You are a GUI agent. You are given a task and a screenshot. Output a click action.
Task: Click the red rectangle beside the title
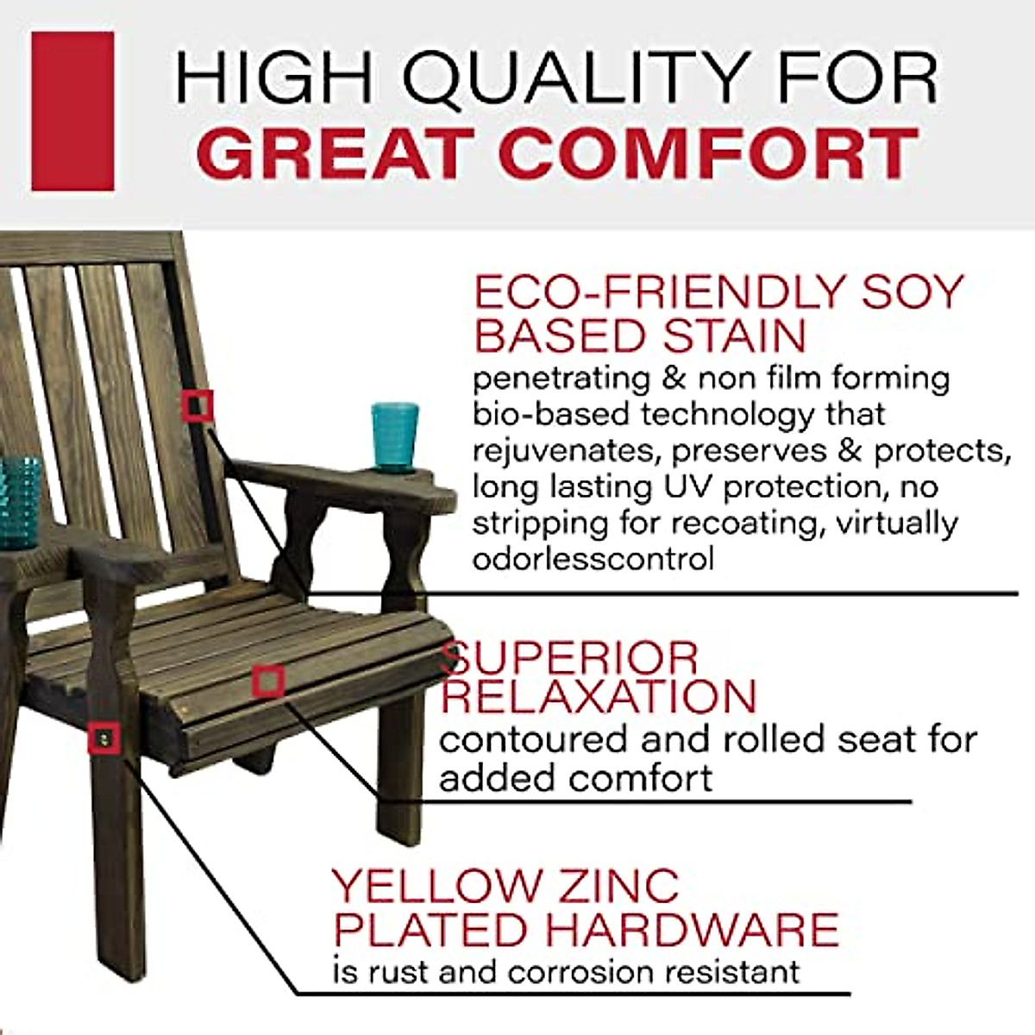click(72, 111)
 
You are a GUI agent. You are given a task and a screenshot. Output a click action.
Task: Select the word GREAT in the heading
click(336, 154)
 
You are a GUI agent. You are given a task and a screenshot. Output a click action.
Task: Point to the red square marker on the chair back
click(198, 405)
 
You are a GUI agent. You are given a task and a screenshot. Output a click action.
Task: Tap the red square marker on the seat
click(269, 681)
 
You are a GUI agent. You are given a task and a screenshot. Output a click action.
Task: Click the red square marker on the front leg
click(104, 738)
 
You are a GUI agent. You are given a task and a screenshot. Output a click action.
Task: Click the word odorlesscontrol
click(593, 559)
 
